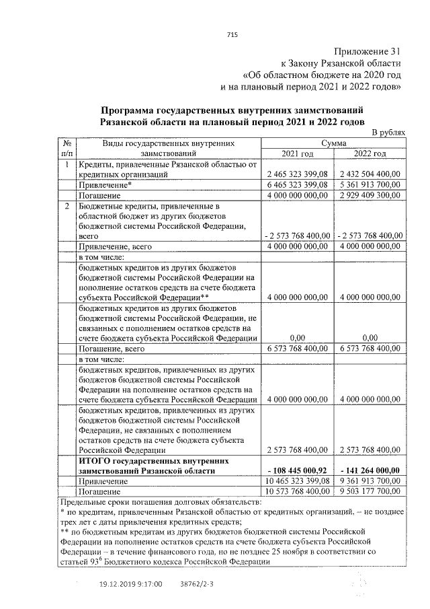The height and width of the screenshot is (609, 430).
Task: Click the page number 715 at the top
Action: (232, 35)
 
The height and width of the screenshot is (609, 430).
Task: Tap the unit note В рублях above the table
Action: (388, 133)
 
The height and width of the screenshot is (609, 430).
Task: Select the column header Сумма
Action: (333, 143)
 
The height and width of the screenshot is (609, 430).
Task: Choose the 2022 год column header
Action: (370, 153)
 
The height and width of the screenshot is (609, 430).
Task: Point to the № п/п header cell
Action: (67, 148)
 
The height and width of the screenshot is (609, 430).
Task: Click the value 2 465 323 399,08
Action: (297, 174)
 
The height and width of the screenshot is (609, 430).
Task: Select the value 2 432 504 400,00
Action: (369, 174)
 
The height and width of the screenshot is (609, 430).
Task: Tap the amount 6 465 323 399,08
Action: (297, 184)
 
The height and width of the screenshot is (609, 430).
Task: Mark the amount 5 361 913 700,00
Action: (369, 184)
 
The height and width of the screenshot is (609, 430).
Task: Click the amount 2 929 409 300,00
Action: (369, 194)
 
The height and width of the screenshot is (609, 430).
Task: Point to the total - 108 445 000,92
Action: (297, 471)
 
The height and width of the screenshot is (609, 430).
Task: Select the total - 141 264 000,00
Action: (369, 471)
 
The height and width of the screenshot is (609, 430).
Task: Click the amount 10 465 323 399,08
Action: (296, 482)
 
